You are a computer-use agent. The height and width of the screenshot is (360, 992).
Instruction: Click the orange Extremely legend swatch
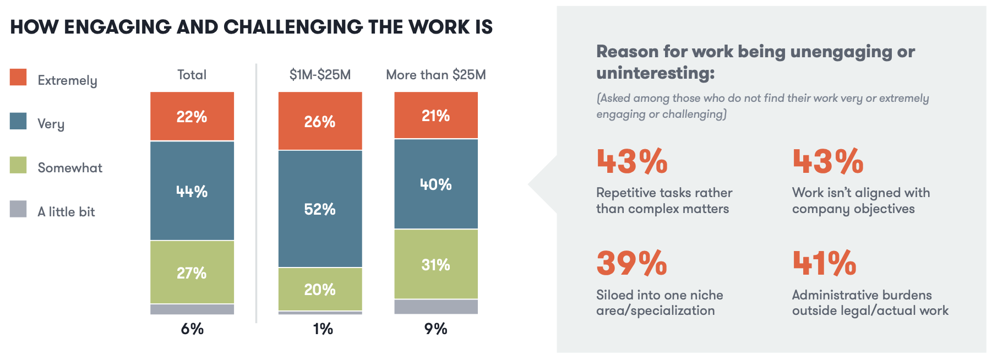point(18,77)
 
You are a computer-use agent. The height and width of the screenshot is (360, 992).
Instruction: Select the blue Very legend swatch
point(18,121)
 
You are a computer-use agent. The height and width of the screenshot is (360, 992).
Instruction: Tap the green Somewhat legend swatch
point(18,165)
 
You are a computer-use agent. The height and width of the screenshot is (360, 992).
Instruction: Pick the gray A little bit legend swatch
point(18,209)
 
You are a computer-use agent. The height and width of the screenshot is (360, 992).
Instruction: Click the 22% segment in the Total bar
point(192,116)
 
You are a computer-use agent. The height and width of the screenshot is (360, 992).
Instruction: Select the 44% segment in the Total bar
point(192,190)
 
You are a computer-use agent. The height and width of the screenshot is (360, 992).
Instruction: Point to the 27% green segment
point(192,272)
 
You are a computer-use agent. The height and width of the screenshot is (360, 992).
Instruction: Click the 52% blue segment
point(320,209)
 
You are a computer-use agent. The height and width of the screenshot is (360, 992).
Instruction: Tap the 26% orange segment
point(320,121)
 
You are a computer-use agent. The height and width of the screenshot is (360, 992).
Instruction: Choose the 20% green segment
point(320,289)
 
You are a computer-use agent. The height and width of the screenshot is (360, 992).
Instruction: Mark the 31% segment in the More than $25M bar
point(436,264)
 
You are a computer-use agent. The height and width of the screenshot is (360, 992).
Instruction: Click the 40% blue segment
point(436,184)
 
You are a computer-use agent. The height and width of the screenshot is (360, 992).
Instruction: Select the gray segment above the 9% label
point(436,307)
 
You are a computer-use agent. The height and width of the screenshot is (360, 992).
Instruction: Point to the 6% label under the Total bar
point(192,329)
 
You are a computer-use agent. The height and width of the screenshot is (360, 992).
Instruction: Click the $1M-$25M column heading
point(320,75)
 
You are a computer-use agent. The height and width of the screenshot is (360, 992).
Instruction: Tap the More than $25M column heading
point(436,75)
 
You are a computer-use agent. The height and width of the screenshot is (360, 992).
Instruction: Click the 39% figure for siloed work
point(632,263)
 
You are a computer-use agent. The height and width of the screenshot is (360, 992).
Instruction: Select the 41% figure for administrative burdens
point(825,263)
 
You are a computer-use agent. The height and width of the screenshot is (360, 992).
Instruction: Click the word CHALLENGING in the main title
point(293,27)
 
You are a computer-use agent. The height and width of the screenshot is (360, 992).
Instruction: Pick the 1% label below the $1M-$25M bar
point(323,329)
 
